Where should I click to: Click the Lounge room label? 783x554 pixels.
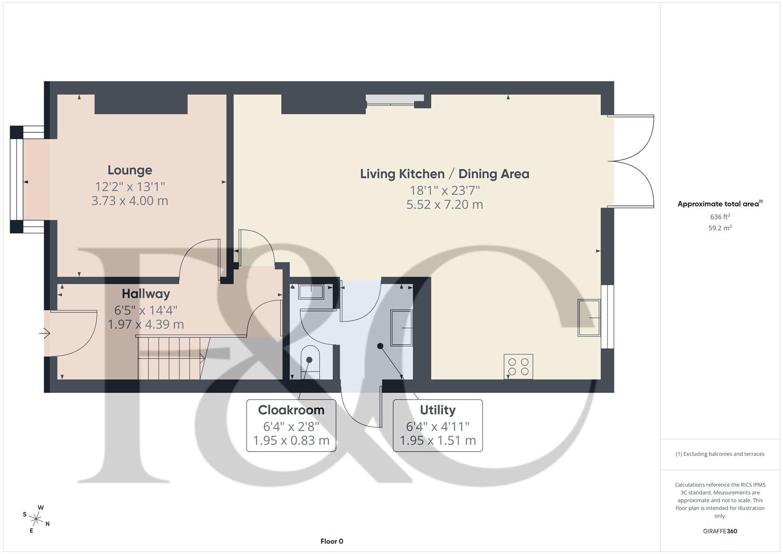point(130,170)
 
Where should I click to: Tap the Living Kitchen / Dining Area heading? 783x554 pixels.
point(444,174)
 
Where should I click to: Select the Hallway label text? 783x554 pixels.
point(146,294)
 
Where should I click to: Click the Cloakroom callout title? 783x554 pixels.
point(291,410)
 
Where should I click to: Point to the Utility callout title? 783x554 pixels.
point(437,410)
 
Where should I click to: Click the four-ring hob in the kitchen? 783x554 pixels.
point(518,366)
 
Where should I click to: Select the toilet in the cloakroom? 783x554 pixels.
point(309,361)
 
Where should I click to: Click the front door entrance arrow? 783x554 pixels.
point(45,334)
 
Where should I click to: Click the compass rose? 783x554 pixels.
point(36,519)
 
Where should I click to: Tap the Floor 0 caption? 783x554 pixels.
point(331,541)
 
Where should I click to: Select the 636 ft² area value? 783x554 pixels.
point(719,217)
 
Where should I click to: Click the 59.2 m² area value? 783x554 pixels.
point(719,228)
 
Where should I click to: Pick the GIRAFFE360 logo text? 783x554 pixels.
point(719,531)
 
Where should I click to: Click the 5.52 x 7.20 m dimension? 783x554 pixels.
point(444,205)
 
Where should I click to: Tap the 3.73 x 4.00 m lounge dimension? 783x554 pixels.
point(130,201)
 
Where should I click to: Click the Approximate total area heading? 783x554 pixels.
point(719,204)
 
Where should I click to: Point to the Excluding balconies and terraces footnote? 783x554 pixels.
point(719,454)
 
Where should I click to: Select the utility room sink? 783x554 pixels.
point(401,328)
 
